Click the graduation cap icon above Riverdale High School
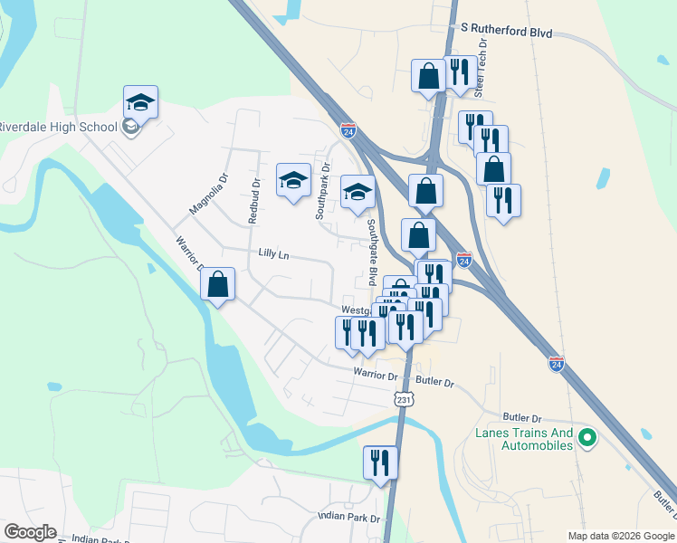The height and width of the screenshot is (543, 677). coord(140,100)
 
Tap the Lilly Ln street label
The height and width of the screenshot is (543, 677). coord(273,255)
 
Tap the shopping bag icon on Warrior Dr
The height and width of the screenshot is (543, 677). coord(218,283)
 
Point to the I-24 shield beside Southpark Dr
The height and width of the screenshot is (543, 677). coord(348,131)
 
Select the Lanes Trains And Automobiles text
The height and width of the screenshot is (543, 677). coord(524,439)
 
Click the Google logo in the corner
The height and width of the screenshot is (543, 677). coord(30,532)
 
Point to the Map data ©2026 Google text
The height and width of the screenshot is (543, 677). coord(620,536)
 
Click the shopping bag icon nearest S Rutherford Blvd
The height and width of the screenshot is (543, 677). coord(428,75)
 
